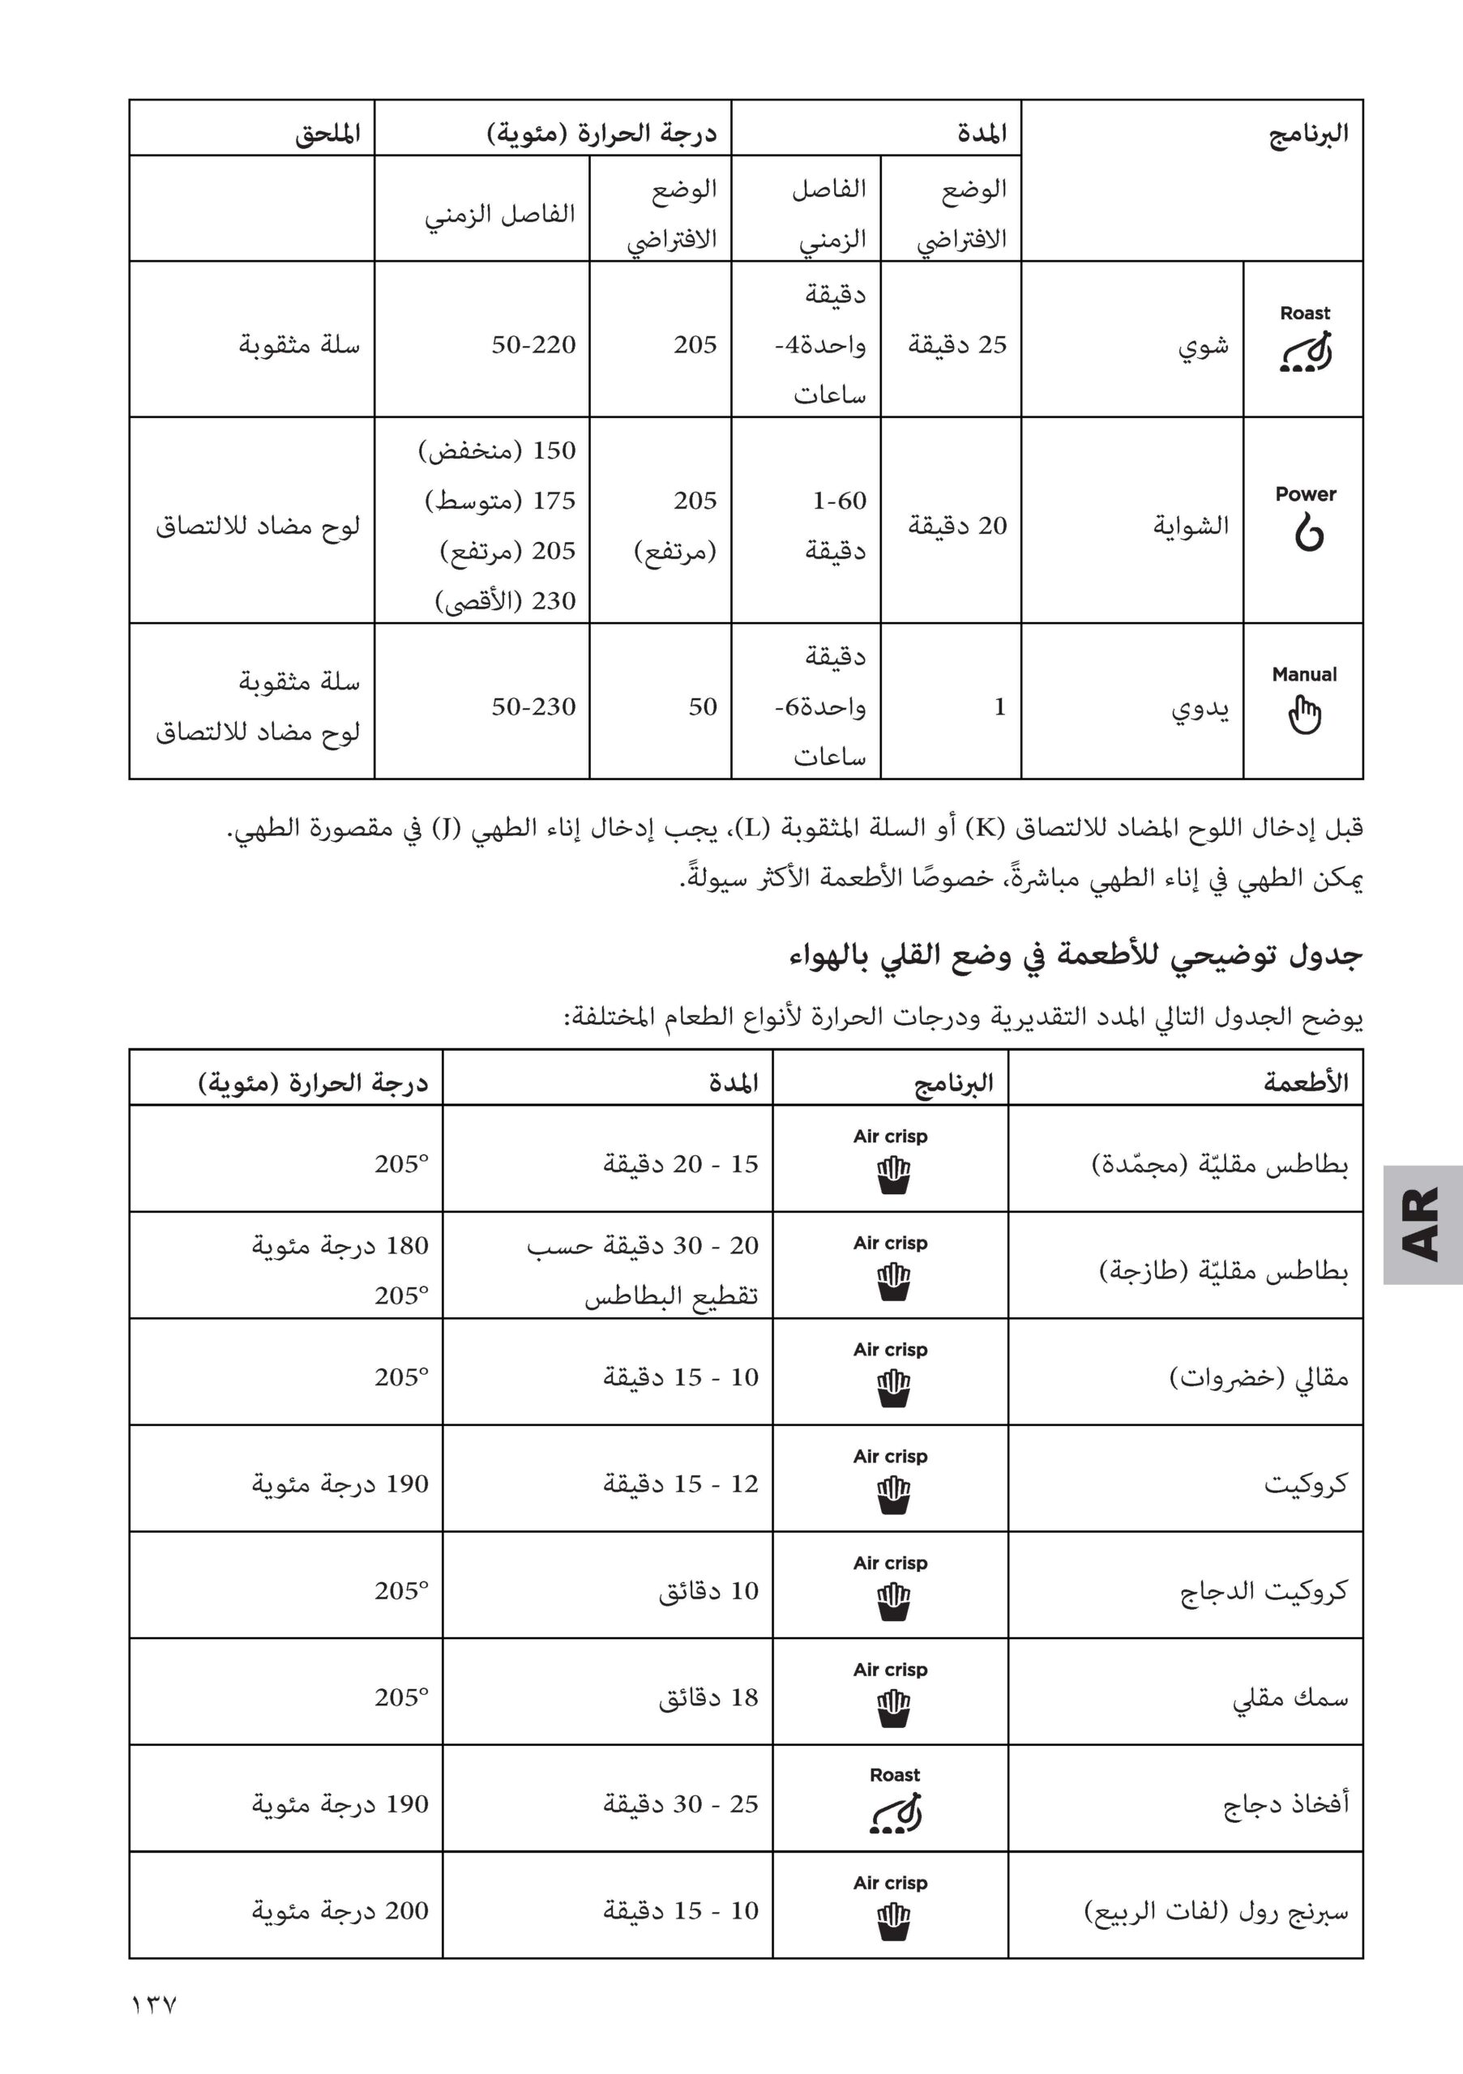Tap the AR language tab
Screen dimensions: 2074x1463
pos(1422,1224)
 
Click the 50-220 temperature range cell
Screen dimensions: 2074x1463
pos(533,344)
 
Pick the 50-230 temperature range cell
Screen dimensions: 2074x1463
pos(533,706)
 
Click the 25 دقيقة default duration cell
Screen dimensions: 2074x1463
pos(957,344)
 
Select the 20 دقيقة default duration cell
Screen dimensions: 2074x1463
pos(957,525)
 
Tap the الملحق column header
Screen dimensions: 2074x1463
pos(327,134)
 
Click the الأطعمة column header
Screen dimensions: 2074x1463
pos(1306,1082)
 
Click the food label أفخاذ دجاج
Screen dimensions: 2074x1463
pos(1285,1803)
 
